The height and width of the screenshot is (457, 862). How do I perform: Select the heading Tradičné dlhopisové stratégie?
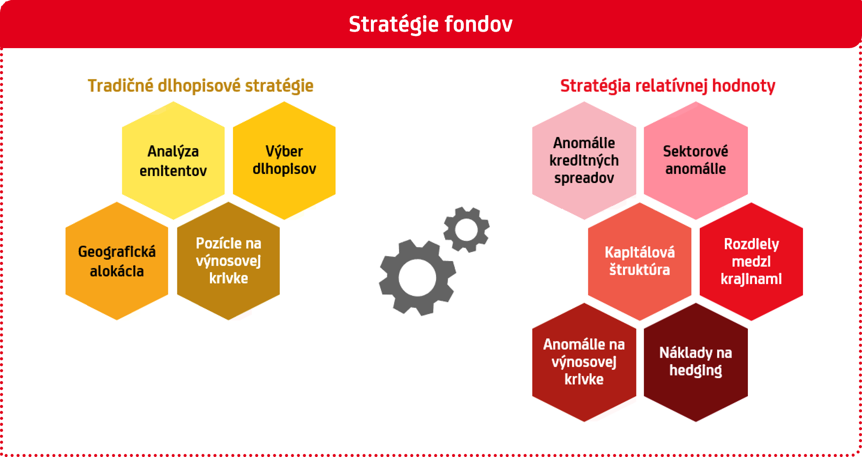tap(200, 86)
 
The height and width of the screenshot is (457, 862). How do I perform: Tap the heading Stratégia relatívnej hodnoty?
tap(668, 86)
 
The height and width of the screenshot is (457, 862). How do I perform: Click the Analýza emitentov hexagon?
tap(173, 160)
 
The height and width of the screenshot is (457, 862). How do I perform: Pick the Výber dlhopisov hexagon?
tap(284, 160)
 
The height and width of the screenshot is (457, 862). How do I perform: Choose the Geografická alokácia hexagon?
tap(117, 261)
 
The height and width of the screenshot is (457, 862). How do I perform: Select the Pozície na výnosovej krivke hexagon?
tap(228, 261)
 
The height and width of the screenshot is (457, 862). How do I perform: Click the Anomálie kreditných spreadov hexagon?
tap(584, 160)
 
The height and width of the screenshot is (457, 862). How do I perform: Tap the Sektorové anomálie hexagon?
tap(695, 160)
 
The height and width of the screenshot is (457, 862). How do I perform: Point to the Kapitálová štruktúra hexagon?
tap(639, 261)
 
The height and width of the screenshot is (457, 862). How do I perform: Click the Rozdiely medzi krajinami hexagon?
tap(751, 261)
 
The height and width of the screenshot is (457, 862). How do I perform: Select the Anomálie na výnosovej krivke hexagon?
tap(584, 362)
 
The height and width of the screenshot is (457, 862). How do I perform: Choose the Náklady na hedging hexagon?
tap(695, 362)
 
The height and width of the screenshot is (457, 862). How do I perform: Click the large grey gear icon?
tap(417, 278)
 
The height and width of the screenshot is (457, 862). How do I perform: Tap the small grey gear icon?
tap(466, 229)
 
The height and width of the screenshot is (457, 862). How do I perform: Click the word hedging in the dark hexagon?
tap(695, 371)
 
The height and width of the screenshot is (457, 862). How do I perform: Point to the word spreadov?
tap(584, 178)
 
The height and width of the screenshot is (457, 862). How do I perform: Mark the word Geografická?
tap(117, 252)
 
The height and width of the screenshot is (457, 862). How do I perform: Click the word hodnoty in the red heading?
tap(744, 86)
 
